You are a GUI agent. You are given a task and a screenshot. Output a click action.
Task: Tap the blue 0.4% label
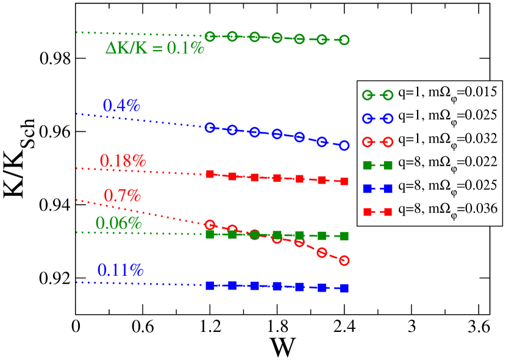point(121,106)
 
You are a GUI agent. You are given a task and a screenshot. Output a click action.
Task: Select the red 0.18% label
point(123,161)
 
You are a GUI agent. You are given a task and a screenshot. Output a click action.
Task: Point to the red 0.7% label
point(123,196)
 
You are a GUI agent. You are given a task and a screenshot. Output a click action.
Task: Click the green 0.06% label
point(118,223)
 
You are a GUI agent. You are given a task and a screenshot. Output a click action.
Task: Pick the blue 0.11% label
point(120,270)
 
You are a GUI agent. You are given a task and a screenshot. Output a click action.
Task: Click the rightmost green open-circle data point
point(344,40)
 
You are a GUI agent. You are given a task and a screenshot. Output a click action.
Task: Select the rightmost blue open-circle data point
point(344,146)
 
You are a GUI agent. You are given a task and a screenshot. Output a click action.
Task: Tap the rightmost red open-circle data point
point(344,261)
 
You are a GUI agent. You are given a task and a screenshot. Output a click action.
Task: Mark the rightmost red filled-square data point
point(344,181)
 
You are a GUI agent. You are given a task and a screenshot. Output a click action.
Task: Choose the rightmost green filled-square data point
point(344,236)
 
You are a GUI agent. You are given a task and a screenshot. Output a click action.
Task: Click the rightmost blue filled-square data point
point(344,288)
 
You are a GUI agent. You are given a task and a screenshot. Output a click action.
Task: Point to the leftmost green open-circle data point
point(210,37)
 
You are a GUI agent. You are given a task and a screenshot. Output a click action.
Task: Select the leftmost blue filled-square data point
point(210,286)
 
